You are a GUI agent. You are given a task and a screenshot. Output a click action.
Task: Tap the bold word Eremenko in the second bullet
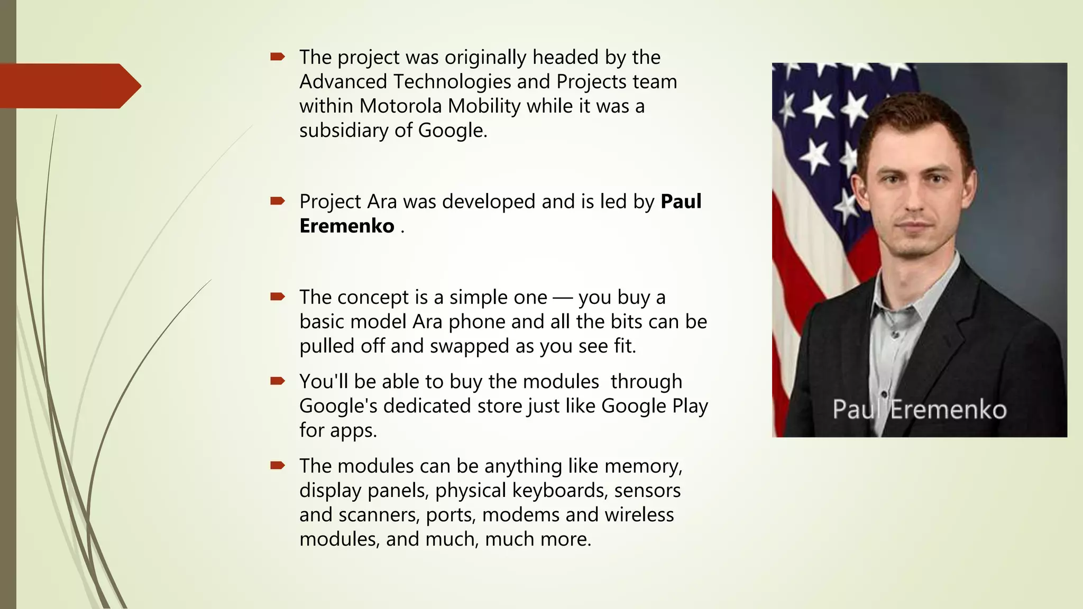[x=346, y=226]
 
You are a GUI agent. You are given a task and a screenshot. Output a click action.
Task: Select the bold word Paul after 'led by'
[x=681, y=202]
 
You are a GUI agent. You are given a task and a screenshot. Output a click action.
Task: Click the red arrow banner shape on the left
[x=69, y=86]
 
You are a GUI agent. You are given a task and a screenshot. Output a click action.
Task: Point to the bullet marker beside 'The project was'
[x=277, y=57]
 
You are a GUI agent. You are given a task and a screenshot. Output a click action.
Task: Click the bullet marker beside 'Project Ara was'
[x=277, y=201]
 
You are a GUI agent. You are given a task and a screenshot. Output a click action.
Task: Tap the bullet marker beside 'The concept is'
[x=277, y=297]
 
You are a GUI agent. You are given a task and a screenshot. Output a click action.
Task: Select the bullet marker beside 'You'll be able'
[x=277, y=381]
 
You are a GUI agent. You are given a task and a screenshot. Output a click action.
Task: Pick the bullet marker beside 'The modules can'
[x=277, y=465]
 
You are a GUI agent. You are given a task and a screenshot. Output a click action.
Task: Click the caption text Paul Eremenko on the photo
[x=919, y=410]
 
